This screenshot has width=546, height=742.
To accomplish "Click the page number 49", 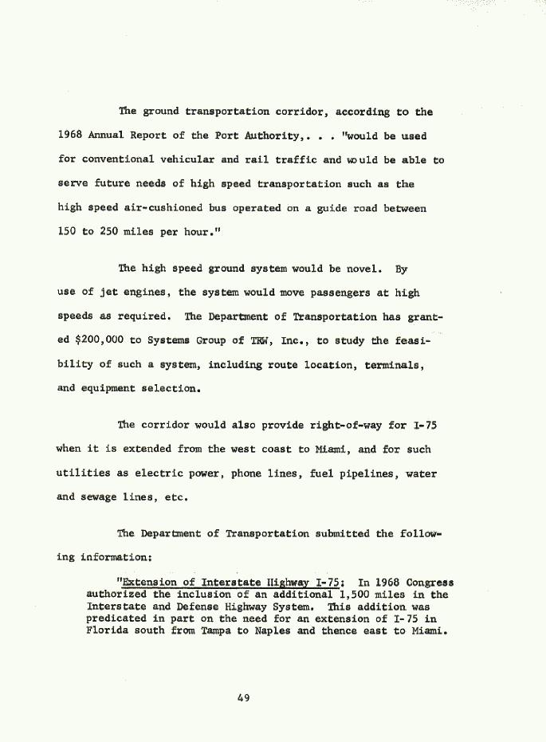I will pyautogui.click(x=244, y=698).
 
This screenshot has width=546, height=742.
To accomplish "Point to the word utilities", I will pyautogui.click(x=84, y=473).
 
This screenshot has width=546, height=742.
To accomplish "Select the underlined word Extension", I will pyautogui.click(x=144, y=583).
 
